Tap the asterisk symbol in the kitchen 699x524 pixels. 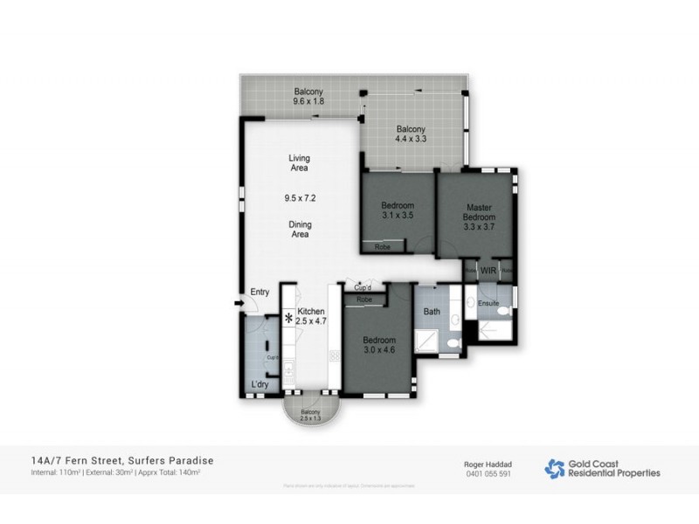point(288,321)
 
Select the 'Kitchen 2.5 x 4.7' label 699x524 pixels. point(311,316)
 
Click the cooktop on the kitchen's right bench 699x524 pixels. point(333,355)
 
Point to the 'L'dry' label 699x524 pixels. point(259,385)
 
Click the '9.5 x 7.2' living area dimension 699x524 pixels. point(300,198)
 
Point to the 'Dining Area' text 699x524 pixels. point(300,229)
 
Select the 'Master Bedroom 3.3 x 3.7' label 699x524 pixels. point(479,217)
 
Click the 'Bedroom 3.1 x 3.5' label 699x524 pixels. point(398,210)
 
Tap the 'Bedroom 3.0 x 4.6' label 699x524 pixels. point(379,345)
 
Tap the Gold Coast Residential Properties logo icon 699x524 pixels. point(554,469)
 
